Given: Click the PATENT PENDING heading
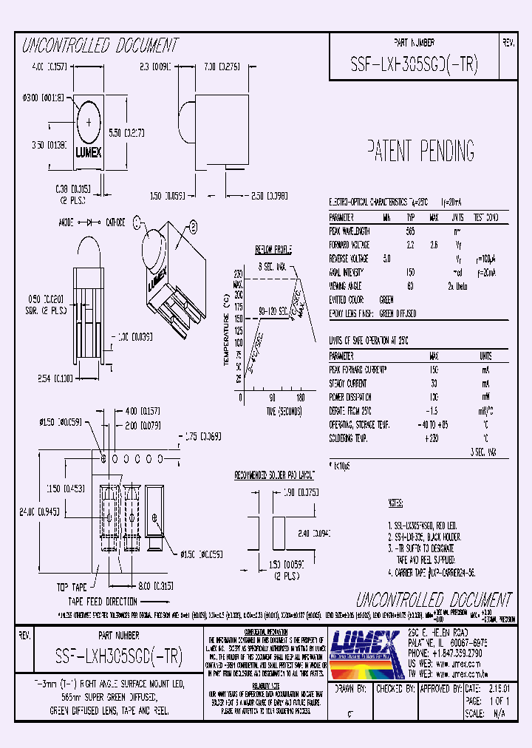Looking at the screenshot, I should click(x=420, y=151).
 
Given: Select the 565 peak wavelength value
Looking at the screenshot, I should click(x=410, y=231).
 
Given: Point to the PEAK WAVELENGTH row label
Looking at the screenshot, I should click(x=349, y=231).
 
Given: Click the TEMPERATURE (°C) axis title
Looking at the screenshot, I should click(x=225, y=330).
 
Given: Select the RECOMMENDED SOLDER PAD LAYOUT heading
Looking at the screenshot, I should click(x=274, y=474).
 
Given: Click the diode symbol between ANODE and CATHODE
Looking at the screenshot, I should click(x=92, y=221).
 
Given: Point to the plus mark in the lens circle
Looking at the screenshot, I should click(x=90, y=121).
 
